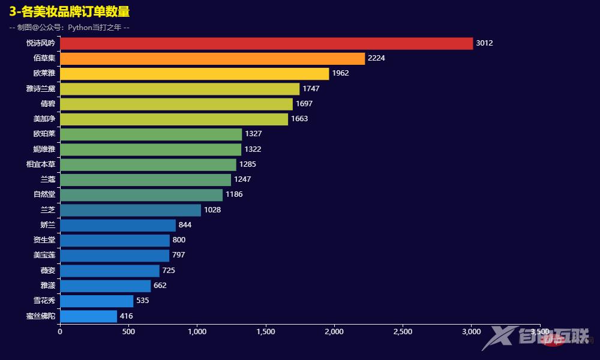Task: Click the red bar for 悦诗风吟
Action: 266,43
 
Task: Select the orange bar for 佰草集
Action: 212,58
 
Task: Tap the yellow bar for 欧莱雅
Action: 194,73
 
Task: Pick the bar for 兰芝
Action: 130,210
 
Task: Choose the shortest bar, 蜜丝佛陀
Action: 88,316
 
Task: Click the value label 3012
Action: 484,43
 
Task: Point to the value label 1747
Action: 311,89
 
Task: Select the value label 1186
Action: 234,194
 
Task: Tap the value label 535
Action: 145,301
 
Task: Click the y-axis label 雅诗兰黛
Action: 41,89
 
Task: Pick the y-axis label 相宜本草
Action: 41,164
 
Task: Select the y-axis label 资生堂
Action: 44,240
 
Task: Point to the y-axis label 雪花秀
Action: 44,301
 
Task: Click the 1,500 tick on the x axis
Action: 266,331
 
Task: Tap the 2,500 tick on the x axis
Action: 403,331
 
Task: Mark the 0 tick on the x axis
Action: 60,331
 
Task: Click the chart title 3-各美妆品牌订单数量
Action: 70,11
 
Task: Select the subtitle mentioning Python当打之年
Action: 70,28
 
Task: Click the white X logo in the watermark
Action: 499,337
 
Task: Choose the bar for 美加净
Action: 174,119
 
